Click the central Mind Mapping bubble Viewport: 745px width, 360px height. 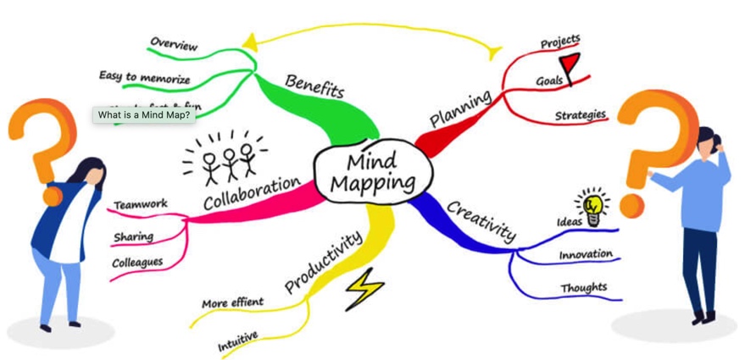pos(373,171)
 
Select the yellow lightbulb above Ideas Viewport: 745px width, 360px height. pos(592,206)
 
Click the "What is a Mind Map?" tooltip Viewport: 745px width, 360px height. pos(143,115)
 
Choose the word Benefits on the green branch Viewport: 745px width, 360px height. pos(314,86)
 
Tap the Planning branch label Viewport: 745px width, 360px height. pos(460,109)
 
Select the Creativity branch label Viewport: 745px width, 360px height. pos(481,219)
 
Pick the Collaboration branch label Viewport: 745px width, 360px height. pos(252,193)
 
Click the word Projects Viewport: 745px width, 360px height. pos(560,42)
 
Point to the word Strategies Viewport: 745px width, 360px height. pos(581,114)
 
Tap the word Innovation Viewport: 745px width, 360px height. pos(586,254)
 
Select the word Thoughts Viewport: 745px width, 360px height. pos(583,288)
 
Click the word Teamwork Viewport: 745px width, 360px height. pos(141,205)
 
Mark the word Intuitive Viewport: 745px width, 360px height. pos(238,341)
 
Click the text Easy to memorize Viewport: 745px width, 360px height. pos(144,77)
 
